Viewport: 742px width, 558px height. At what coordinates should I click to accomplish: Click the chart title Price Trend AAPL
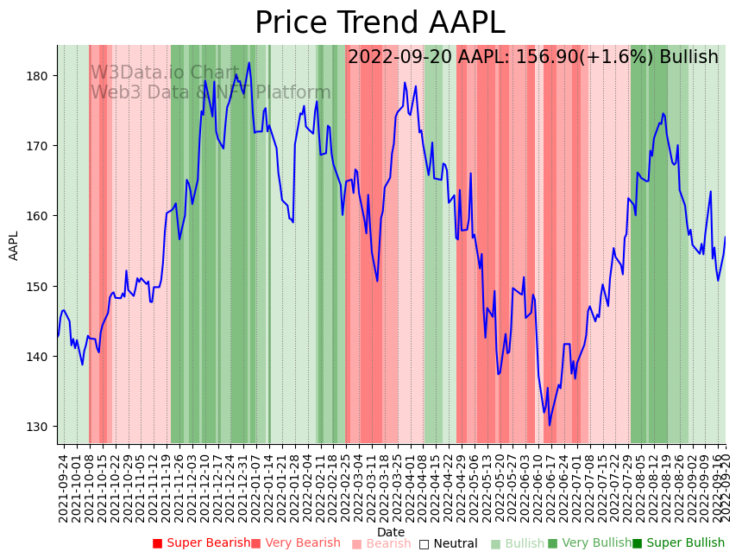(380, 23)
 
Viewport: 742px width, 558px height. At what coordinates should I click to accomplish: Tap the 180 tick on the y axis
(41, 76)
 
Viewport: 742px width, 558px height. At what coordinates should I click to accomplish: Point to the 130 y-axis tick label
(41, 427)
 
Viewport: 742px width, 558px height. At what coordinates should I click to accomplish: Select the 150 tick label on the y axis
(41, 286)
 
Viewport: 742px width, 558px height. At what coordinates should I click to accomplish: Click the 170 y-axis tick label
(41, 146)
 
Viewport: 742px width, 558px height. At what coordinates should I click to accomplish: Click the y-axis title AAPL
(14, 245)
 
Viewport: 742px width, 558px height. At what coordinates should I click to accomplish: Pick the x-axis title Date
(391, 532)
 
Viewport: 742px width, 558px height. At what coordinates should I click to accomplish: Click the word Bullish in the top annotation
(689, 58)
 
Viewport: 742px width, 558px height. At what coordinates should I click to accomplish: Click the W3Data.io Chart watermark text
(165, 73)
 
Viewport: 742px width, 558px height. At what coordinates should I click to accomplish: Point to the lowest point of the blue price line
(549, 425)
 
